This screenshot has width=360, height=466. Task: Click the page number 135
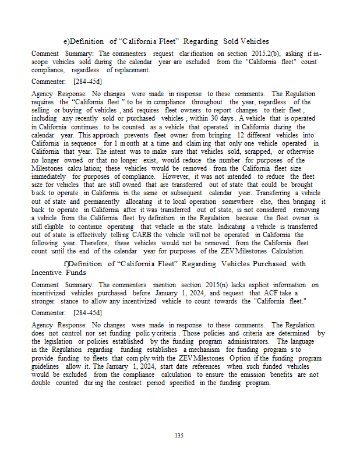[x=179, y=435]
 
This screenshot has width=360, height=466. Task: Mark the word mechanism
[x=191, y=349]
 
